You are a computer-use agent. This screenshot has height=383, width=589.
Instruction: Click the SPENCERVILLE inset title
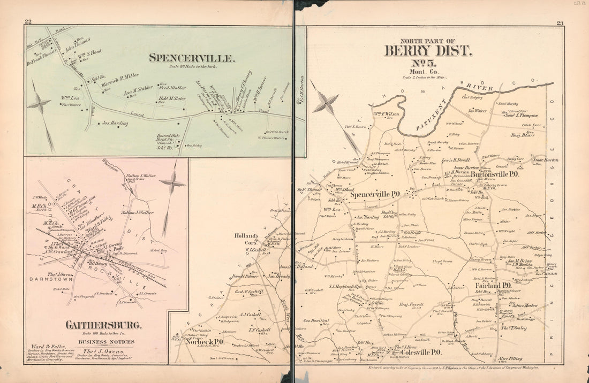(191, 57)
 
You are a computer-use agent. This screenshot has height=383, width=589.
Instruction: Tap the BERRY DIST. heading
(428, 51)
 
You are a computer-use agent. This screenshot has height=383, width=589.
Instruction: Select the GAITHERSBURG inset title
(104, 325)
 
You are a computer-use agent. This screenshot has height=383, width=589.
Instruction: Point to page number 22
(28, 22)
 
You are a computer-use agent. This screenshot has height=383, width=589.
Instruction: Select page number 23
(560, 22)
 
